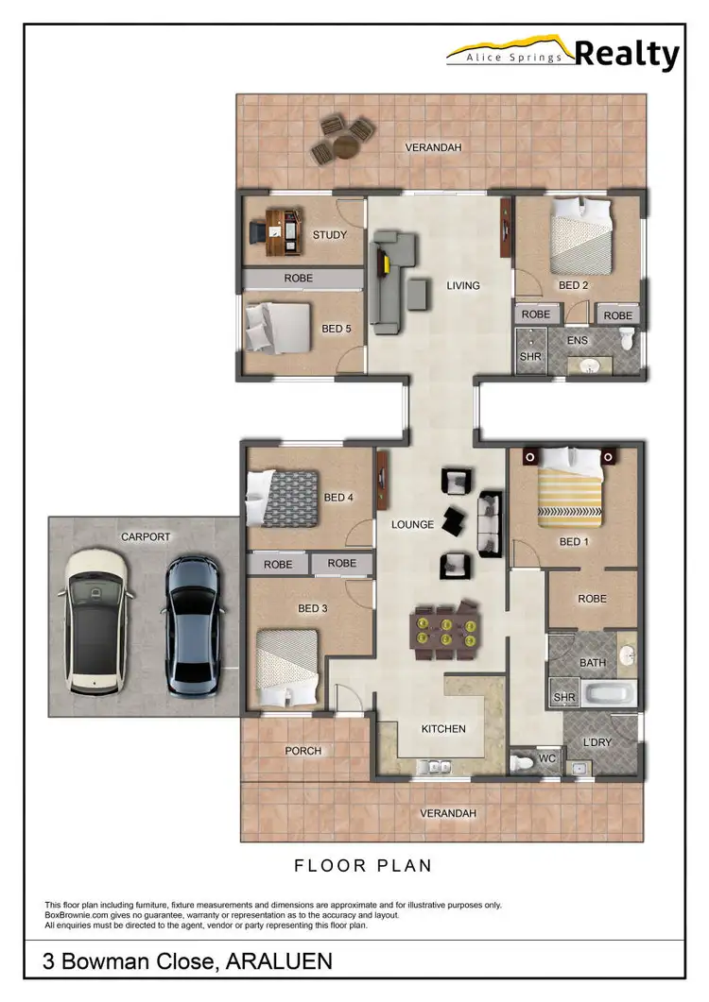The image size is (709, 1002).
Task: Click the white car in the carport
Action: point(94,619)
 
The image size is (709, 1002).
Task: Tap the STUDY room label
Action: point(329,235)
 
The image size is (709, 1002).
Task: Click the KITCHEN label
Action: point(443,729)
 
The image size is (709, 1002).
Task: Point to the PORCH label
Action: point(303,752)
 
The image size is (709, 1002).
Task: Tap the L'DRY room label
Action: point(597,743)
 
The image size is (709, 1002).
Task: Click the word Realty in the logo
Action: point(627,55)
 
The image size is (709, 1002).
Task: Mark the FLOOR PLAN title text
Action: point(363,865)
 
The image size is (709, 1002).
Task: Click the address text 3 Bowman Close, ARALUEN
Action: point(187,962)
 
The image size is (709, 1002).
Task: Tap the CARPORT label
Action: point(146,537)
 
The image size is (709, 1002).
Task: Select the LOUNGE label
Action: point(412,525)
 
